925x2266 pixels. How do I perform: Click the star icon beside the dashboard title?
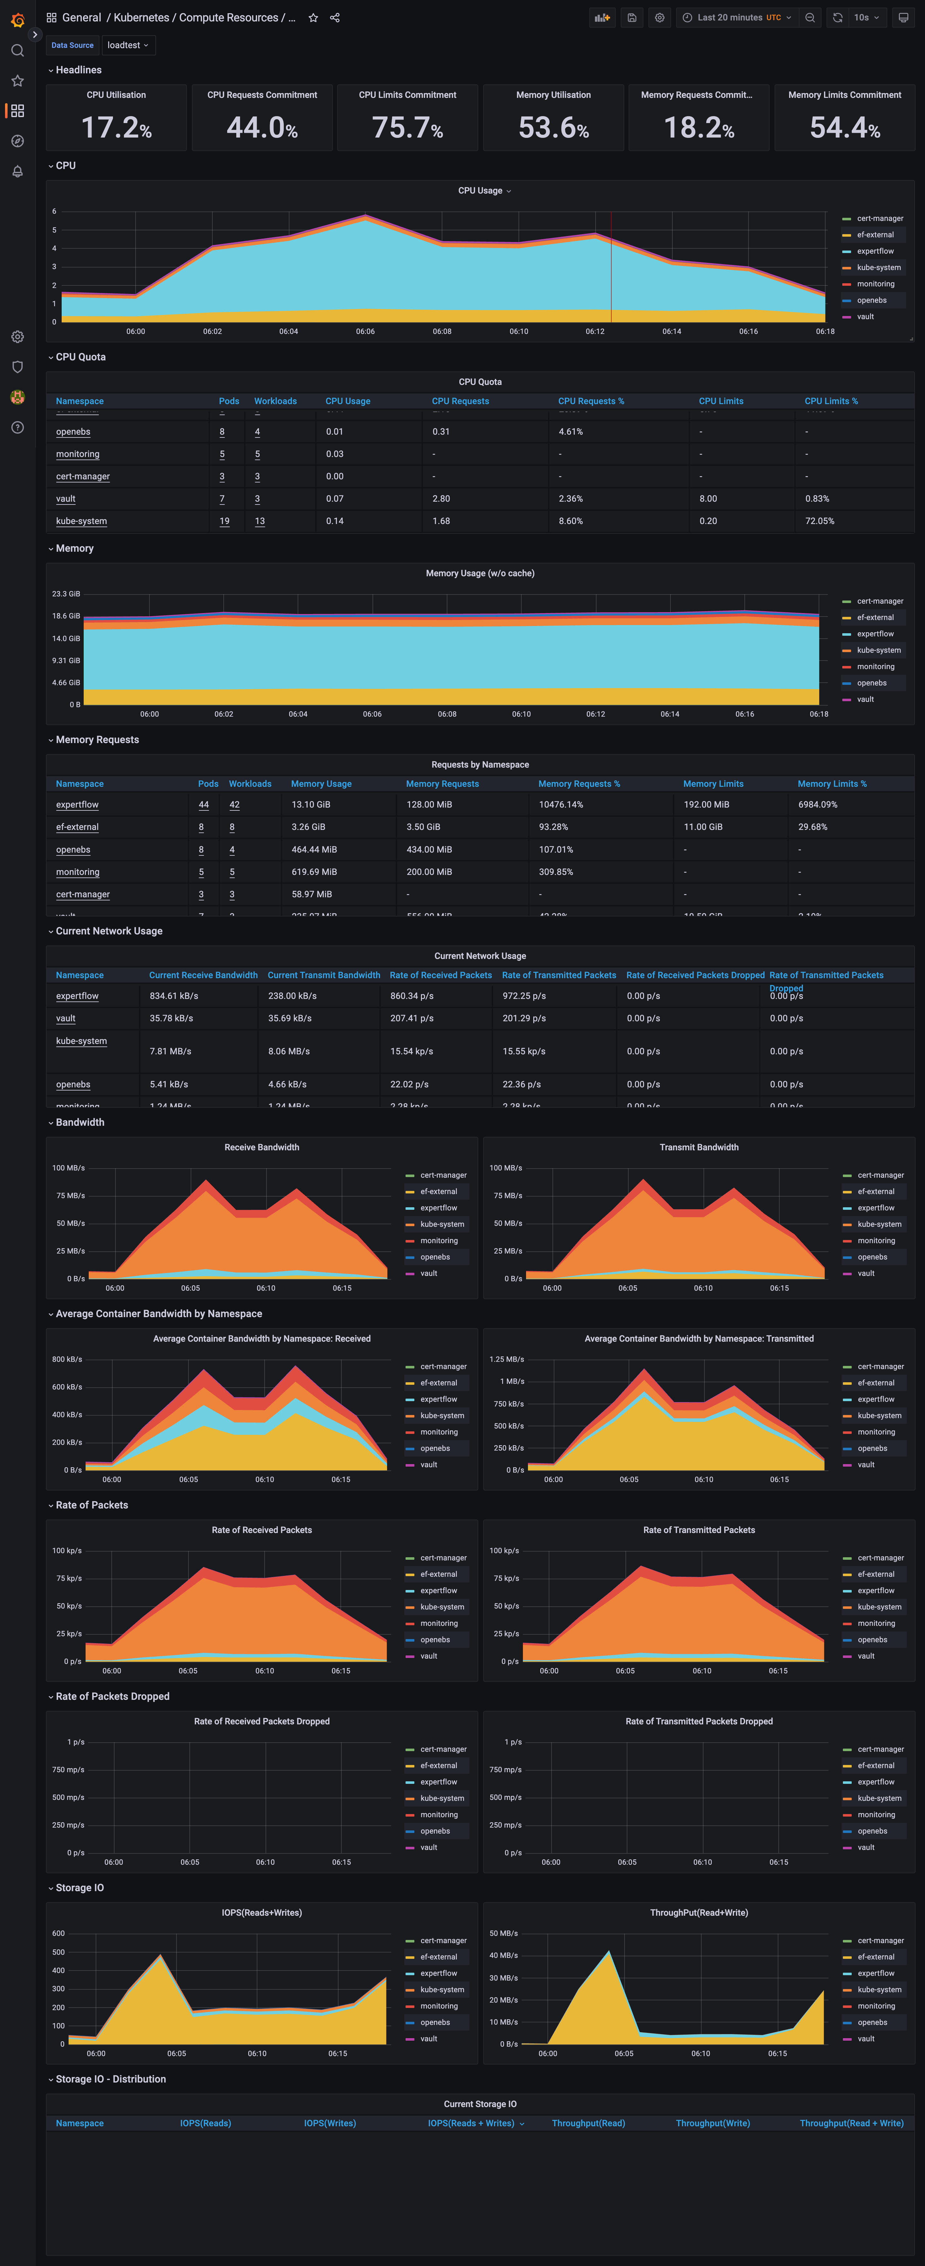pos(313,18)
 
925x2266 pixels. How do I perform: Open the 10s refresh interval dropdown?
pos(866,18)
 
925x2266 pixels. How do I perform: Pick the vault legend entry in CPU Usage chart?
pos(865,317)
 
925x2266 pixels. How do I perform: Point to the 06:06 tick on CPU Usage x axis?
pos(365,332)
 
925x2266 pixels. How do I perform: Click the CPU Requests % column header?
pos(591,401)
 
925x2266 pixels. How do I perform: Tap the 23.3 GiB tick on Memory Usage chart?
pos(66,594)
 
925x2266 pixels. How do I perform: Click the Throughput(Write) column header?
pos(712,2123)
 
